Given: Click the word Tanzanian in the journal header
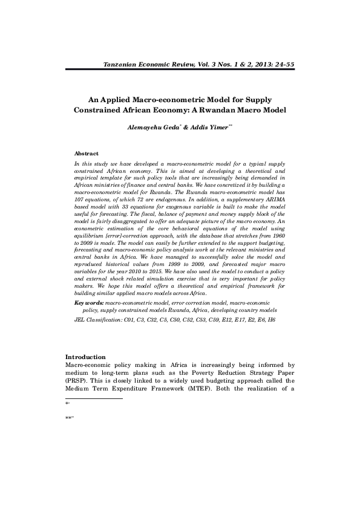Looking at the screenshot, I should [x=123, y=64].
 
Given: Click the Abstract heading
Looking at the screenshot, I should [x=86, y=154].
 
